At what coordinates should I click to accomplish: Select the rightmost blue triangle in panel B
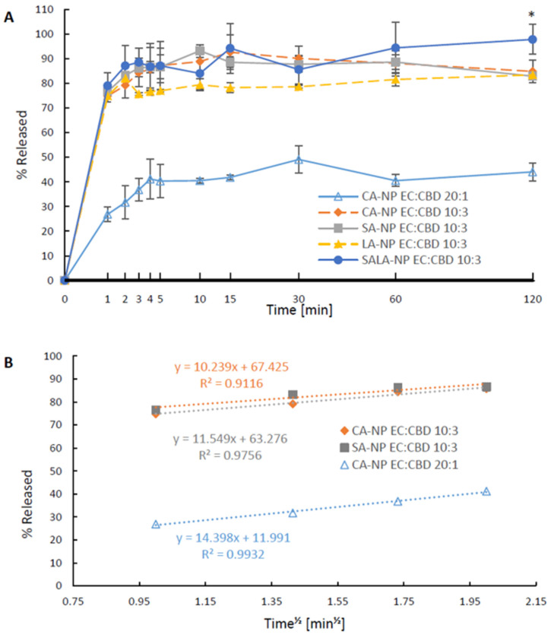(486, 491)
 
